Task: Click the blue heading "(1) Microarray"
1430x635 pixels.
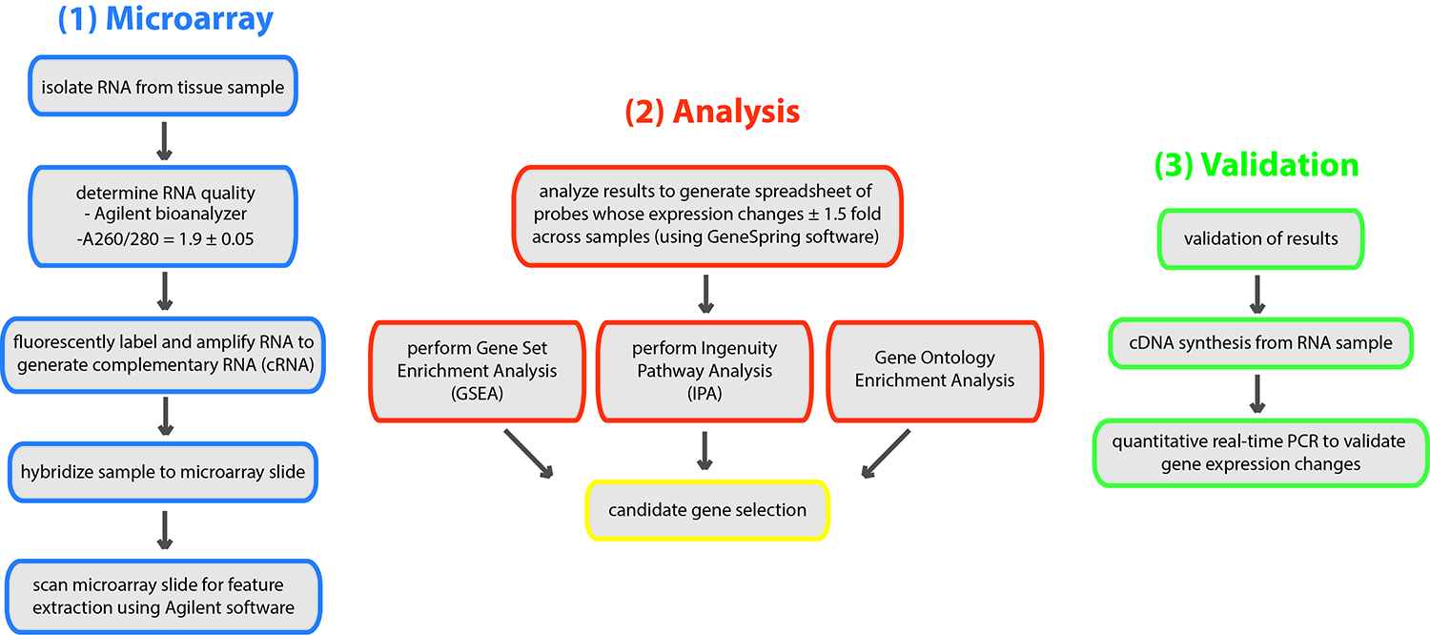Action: click(165, 19)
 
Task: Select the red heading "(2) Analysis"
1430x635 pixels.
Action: click(712, 112)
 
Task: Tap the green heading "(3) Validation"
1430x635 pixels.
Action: click(1256, 165)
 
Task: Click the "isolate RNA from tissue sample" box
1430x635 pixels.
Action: click(163, 86)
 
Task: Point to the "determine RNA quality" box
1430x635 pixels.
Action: click(163, 216)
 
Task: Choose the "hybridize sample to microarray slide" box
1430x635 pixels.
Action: click(163, 472)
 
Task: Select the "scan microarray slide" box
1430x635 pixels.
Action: click(163, 597)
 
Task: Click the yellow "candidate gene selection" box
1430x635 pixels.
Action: click(707, 510)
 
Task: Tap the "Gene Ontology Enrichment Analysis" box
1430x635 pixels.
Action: click(934, 371)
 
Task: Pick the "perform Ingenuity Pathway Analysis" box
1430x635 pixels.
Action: click(705, 371)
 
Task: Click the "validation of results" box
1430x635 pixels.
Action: click(1261, 238)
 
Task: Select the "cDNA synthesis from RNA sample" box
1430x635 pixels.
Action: click(1261, 343)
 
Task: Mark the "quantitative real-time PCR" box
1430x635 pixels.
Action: click(1261, 453)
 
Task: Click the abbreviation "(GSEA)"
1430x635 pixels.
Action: click(477, 394)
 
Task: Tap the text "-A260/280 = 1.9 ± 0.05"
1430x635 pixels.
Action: click(165, 239)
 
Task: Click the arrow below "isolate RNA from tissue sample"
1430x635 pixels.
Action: click(165, 141)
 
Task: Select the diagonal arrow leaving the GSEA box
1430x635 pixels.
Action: click(528, 454)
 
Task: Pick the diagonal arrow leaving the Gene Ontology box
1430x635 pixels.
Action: click(886, 454)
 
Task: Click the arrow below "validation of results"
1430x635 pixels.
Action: click(1257, 295)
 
